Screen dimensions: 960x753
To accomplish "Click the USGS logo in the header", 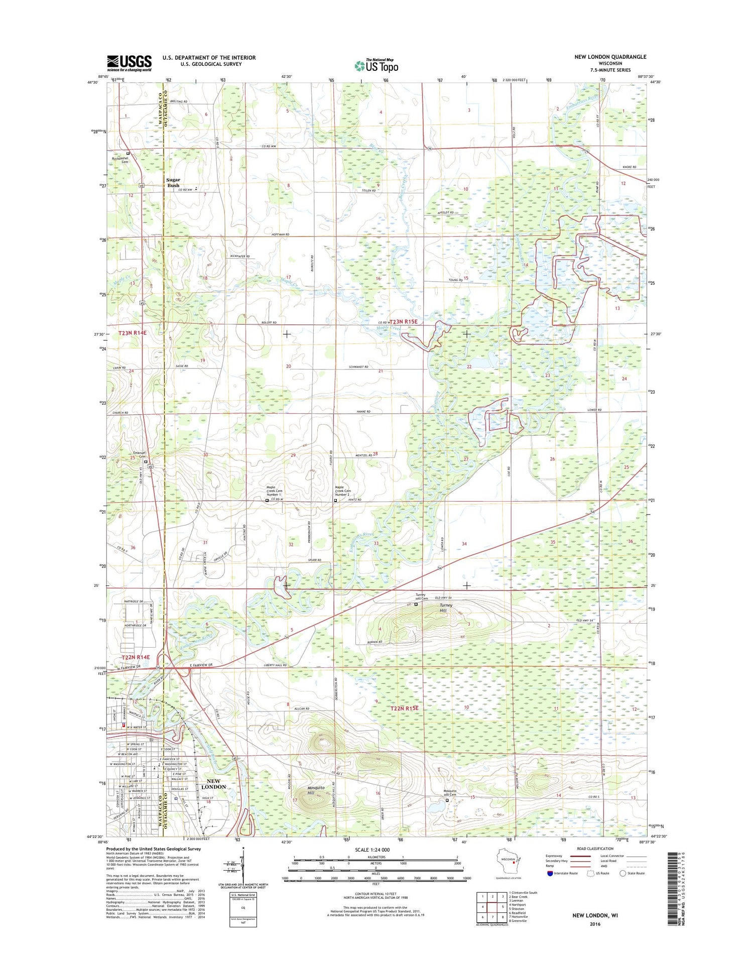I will [x=129, y=63].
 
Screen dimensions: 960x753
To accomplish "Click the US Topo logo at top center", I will [x=376, y=65].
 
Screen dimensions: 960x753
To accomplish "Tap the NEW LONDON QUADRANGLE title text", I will [x=610, y=57].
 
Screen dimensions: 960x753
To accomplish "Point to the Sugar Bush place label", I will [x=173, y=182].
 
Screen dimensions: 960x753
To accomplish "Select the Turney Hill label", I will [x=446, y=608].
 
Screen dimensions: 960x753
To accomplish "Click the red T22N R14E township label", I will [x=136, y=657].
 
